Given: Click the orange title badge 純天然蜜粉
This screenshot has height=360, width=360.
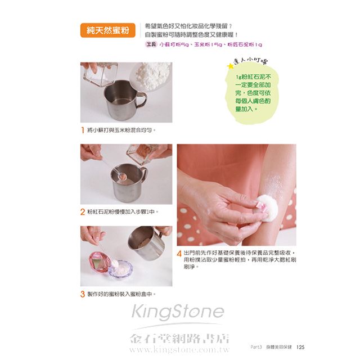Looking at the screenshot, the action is (x=107, y=30).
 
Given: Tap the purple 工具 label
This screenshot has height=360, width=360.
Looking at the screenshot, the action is (x=151, y=44).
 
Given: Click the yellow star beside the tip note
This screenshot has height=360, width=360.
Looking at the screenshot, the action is (x=230, y=66).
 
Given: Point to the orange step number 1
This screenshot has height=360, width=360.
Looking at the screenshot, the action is (x=83, y=130).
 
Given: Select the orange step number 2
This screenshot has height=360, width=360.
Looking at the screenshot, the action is (x=83, y=211).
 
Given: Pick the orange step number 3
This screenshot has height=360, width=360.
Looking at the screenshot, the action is (x=83, y=294).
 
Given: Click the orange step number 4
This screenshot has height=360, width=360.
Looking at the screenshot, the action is (x=179, y=254).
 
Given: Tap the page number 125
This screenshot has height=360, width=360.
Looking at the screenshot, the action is (x=300, y=347).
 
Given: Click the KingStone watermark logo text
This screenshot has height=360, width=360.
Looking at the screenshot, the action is (x=178, y=311).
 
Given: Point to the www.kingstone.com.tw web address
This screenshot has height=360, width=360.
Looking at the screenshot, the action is (x=179, y=349).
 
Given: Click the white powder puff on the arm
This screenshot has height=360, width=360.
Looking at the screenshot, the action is (x=268, y=208).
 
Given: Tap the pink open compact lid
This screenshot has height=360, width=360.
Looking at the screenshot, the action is (x=98, y=263).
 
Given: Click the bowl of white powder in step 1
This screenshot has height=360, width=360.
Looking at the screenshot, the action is (x=151, y=75).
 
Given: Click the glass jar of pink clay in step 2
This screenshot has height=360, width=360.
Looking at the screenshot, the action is (x=142, y=154).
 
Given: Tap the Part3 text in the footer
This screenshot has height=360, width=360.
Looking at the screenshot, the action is (x=256, y=347).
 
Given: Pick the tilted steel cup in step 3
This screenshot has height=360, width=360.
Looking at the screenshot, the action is (x=147, y=243).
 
